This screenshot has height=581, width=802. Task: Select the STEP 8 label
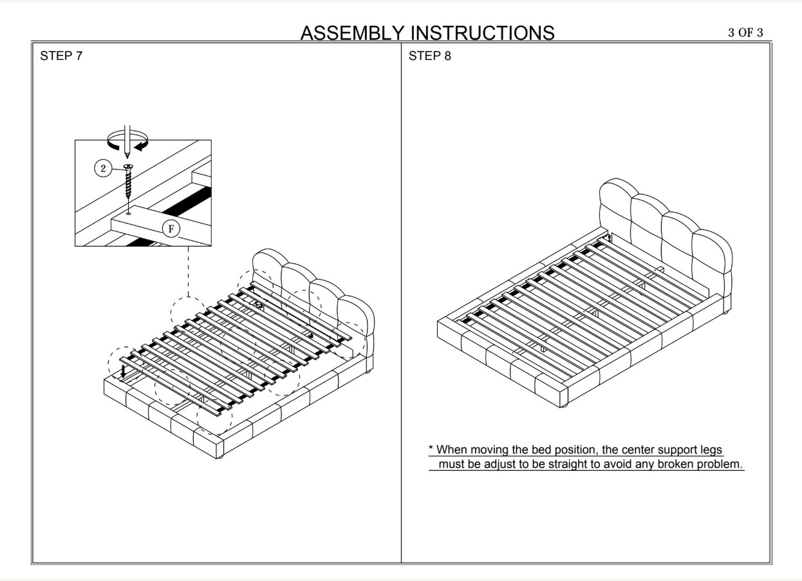pos(430,55)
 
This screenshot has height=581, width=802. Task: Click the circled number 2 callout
pos(102,169)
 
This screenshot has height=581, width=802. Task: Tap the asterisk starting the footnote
pos(431,449)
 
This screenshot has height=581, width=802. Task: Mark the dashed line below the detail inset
pos(188,271)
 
